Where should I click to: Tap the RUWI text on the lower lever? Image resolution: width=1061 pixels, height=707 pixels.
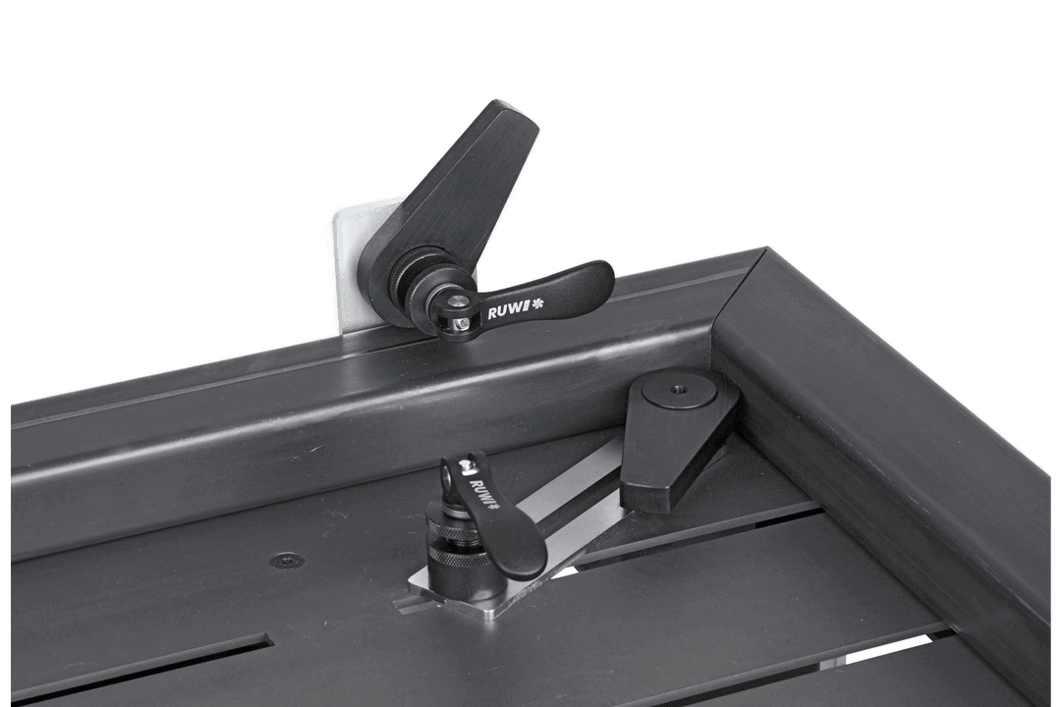482,490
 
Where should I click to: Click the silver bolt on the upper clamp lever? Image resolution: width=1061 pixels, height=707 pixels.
460,320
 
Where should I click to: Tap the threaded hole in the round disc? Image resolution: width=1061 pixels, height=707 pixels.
679,389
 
